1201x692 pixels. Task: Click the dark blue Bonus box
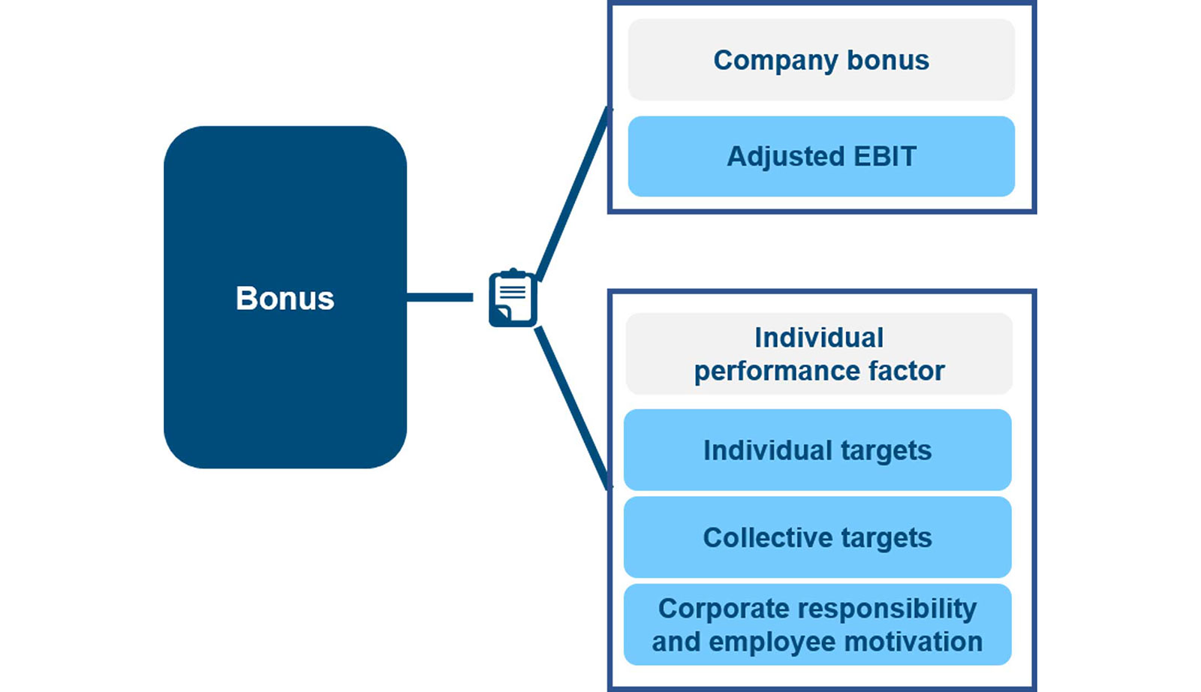click(x=285, y=297)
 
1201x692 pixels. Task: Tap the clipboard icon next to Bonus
click(x=513, y=298)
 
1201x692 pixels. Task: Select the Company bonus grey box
click(x=821, y=60)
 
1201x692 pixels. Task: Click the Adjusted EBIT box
click(x=821, y=156)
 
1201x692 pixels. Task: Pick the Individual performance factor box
click(x=819, y=354)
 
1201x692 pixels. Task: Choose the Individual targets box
click(x=817, y=450)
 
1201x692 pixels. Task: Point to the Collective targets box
click(x=817, y=537)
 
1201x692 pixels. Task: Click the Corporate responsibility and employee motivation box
click(x=817, y=624)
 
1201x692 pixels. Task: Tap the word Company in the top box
click(x=775, y=60)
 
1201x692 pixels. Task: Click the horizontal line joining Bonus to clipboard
click(x=440, y=298)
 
